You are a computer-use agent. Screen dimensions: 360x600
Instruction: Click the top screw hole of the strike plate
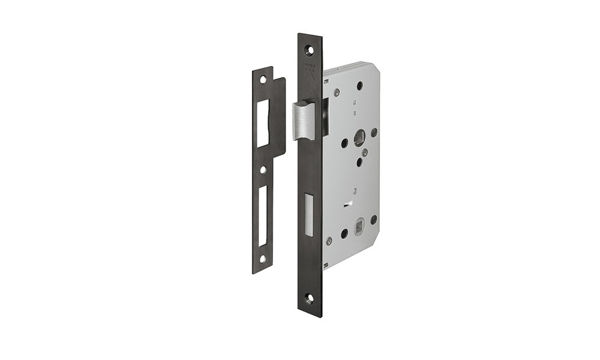[x=262, y=79]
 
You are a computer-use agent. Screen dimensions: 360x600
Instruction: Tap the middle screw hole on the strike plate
[x=262, y=170]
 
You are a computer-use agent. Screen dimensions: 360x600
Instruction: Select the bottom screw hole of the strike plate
[x=262, y=259]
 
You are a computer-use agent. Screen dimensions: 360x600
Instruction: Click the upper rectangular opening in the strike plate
[x=263, y=123]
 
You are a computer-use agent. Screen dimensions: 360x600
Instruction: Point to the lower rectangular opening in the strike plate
[x=262, y=215]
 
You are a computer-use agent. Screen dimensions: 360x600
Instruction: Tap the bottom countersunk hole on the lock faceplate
[x=309, y=297]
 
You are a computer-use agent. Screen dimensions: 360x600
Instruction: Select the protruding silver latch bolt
[x=304, y=120]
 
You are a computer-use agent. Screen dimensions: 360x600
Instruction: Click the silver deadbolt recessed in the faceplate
[x=309, y=213]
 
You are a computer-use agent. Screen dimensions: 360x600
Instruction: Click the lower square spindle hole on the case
[x=359, y=228]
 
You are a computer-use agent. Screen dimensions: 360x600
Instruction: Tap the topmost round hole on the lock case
[x=359, y=86]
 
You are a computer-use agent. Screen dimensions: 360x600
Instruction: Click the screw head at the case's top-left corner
[x=337, y=92]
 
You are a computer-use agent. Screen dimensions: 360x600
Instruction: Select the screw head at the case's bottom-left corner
[x=329, y=241]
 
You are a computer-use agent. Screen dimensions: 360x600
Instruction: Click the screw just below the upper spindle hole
[x=364, y=152]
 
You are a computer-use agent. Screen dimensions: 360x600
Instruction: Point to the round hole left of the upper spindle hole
[x=344, y=143]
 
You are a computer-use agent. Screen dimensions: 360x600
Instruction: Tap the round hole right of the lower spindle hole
[x=374, y=220]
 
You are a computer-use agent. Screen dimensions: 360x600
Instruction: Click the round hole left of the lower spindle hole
[x=344, y=233]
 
